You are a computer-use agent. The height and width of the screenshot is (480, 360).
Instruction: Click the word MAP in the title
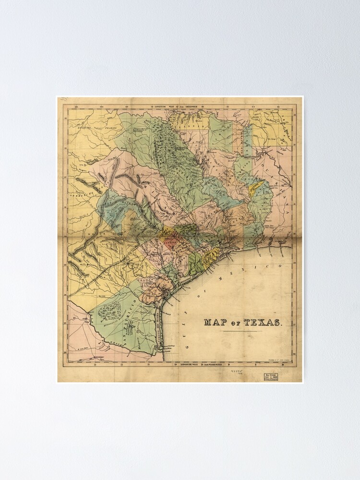216,322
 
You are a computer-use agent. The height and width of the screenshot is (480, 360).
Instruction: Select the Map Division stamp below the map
271,377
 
